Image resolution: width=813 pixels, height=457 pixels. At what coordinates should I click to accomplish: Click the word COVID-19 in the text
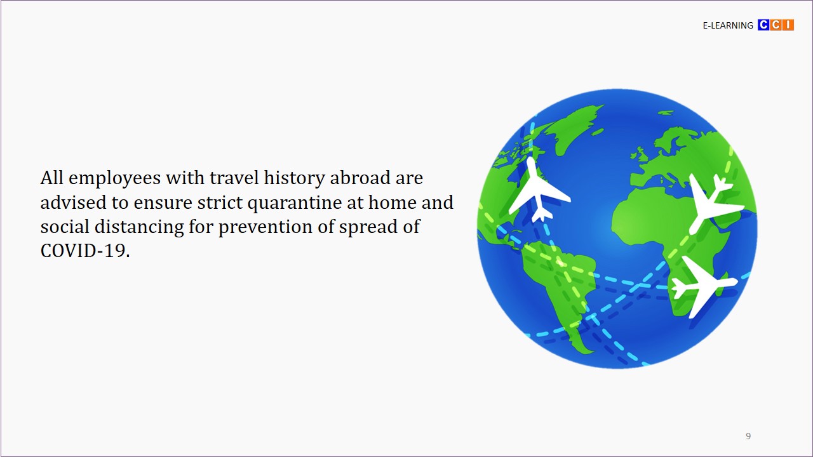pos(85,251)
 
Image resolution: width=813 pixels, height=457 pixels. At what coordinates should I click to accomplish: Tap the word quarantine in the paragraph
pos(294,202)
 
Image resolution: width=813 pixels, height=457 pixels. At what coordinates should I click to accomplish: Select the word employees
pos(115,179)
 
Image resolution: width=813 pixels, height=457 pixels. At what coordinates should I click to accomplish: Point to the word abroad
pos(359,178)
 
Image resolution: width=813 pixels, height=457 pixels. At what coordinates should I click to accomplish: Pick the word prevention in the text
pos(265,227)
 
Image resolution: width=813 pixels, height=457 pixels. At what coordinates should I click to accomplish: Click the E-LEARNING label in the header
pos(728,25)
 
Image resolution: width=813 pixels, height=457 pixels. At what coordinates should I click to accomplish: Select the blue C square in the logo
pos(763,25)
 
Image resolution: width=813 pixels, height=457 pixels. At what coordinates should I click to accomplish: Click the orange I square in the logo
pos(788,25)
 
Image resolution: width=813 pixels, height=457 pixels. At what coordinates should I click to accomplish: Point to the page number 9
pos(748,436)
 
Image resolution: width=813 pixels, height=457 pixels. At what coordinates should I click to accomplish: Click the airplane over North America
pos(537,191)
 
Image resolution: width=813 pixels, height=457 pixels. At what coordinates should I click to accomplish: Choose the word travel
pos(234,178)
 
